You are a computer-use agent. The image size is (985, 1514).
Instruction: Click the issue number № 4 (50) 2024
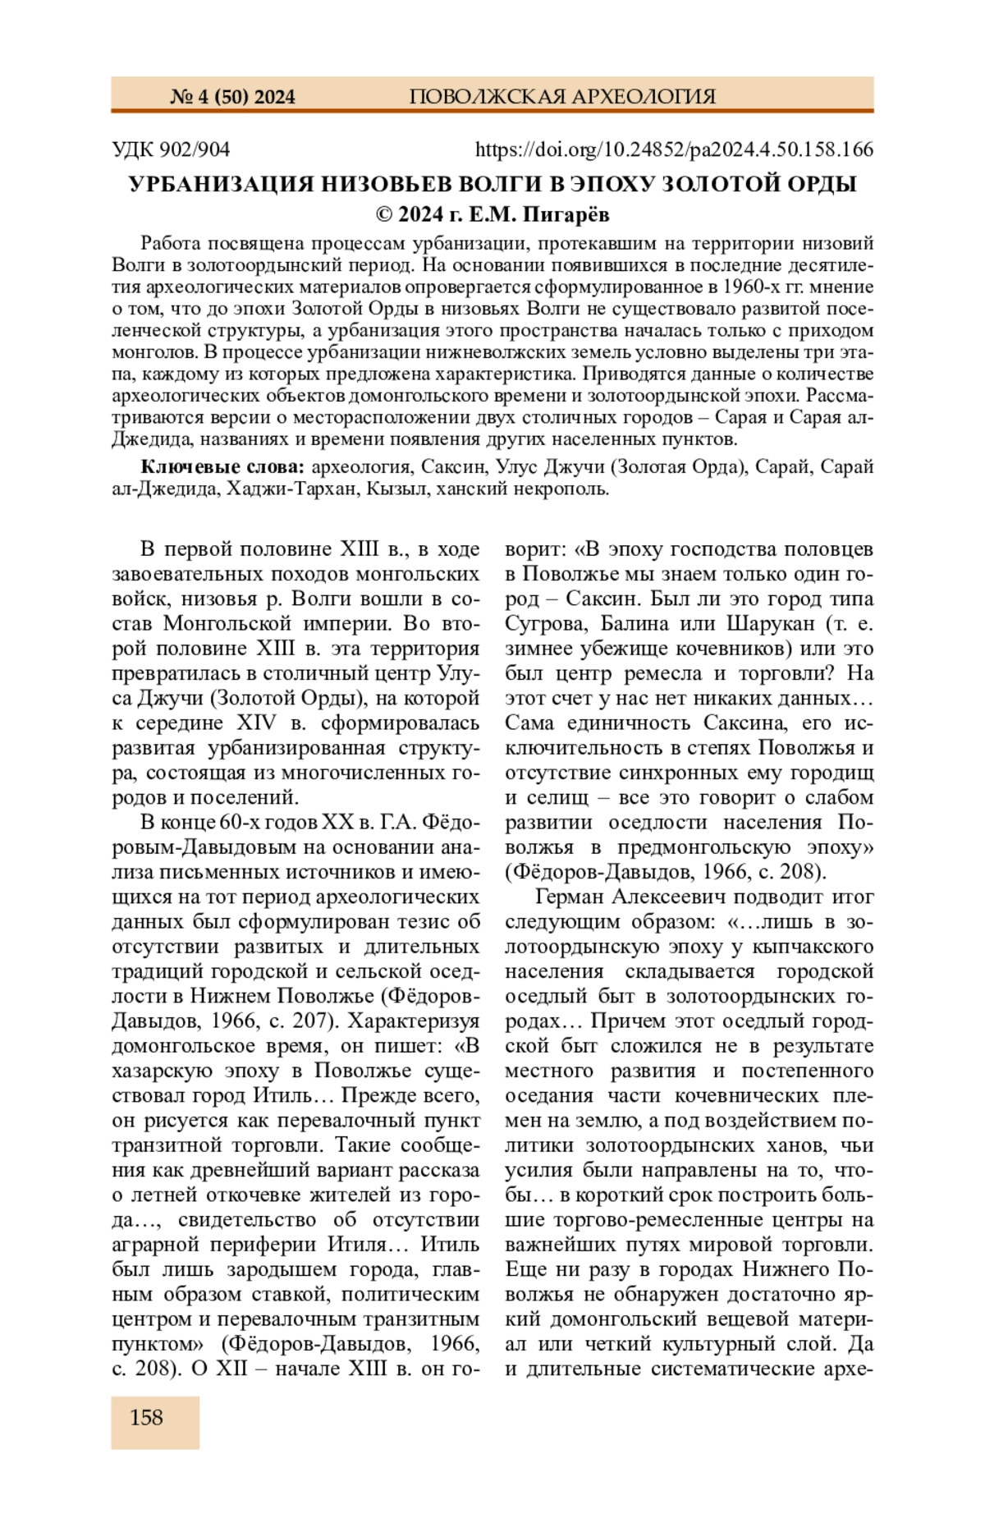tap(232, 97)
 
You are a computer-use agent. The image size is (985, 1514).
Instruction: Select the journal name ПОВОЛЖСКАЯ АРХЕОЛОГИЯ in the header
tap(562, 97)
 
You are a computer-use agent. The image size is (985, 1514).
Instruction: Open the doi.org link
tap(674, 149)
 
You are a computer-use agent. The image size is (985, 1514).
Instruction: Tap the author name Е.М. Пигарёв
tap(539, 215)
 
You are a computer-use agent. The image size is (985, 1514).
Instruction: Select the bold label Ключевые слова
tap(222, 467)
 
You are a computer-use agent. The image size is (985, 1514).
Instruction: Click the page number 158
tap(146, 1418)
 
